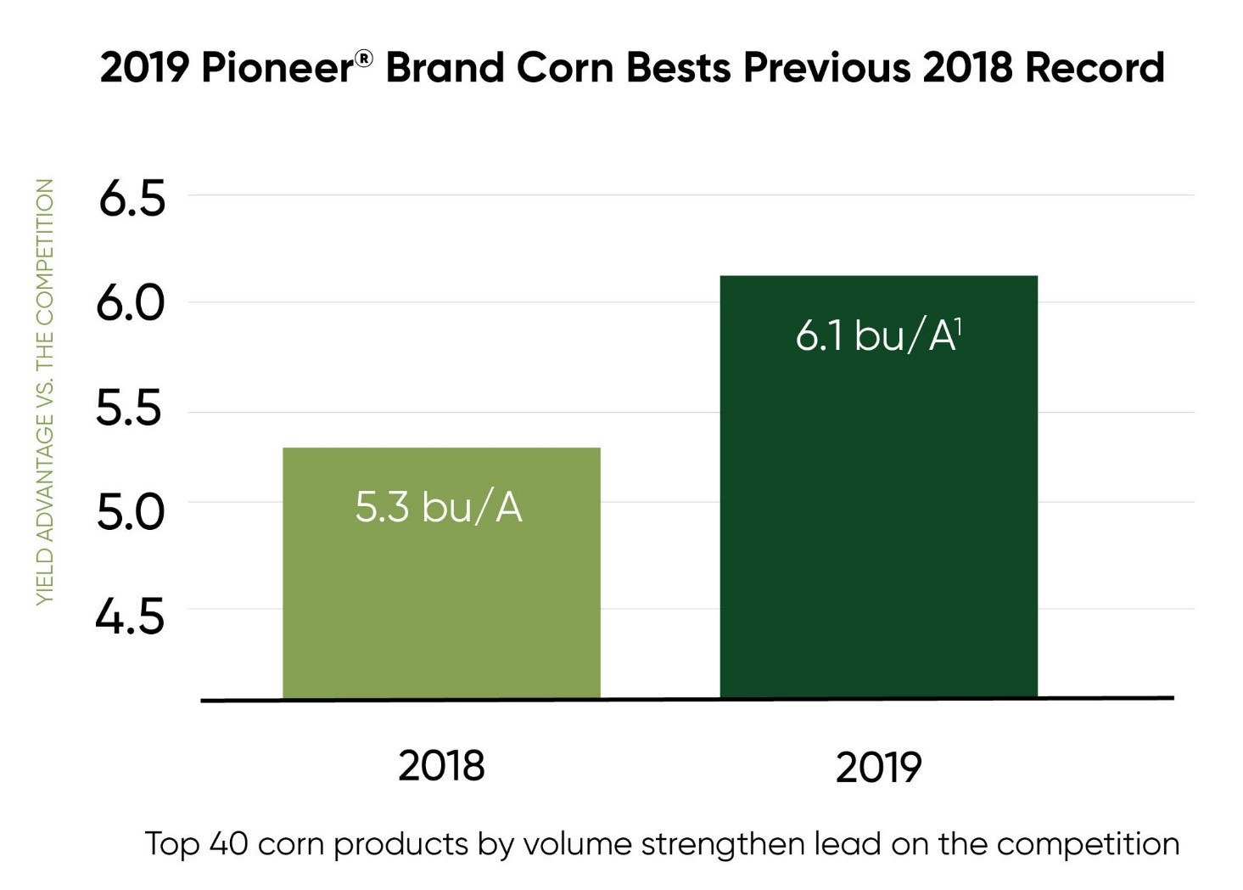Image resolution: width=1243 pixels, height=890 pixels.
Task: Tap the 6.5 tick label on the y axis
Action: click(x=132, y=200)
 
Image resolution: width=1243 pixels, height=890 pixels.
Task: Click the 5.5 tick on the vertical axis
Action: click(x=128, y=408)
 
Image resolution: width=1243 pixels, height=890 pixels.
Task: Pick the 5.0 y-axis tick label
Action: click(x=130, y=512)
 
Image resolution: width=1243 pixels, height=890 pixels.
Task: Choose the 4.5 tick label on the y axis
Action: click(x=129, y=617)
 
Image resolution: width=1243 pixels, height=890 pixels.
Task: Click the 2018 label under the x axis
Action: click(x=441, y=766)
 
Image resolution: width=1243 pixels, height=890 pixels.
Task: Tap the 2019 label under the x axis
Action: click(x=878, y=768)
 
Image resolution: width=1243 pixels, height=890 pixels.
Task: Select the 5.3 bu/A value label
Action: click(x=438, y=507)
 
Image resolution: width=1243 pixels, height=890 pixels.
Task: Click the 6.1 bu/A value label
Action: click(x=874, y=336)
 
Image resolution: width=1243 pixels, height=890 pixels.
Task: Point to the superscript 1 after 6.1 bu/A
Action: click(x=959, y=324)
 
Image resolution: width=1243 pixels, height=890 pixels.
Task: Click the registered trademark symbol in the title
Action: click(x=363, y=58)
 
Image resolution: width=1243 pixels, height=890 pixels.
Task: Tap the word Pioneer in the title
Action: click(x=277, y=68)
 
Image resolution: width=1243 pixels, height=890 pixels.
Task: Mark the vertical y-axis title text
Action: click(x=44, y=391)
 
